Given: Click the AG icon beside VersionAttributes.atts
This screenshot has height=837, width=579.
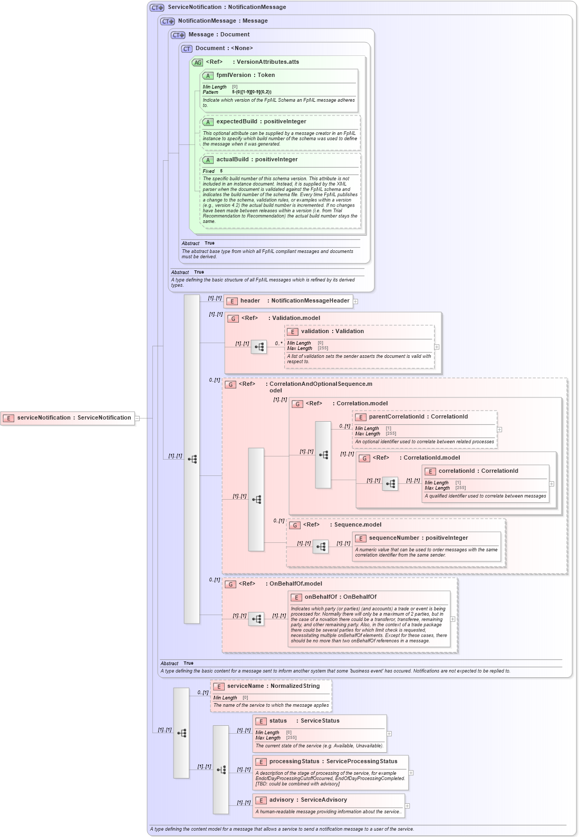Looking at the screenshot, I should click(x=197, y=62).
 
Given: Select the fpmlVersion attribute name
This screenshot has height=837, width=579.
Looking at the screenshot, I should click(x=234, y=75).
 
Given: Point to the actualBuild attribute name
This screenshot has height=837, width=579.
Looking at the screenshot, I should click(x=234, y=160).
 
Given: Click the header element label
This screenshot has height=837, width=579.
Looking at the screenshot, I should click(x=250, y=301).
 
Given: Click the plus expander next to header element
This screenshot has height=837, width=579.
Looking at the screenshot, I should click(x=355, y=301).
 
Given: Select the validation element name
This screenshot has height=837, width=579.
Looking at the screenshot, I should click(x=315, y=332).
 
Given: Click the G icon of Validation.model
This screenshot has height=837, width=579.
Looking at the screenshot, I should click(x=233, y=318).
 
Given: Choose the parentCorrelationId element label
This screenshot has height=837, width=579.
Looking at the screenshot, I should click(x=396, y=417).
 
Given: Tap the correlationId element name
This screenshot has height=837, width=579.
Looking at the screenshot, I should click(x=456, y=471).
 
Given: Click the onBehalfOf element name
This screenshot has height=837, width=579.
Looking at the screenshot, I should click(x=321, y=597).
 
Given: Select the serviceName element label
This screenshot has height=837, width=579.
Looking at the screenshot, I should click(x=245, y=686).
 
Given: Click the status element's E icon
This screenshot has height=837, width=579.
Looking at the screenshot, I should click(x=261, y=721).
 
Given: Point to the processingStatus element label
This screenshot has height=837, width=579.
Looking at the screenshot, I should click(x=294, y=762).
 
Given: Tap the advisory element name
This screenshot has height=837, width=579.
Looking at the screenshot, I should click(x=282, y=800).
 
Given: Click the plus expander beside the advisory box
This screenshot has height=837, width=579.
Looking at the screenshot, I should click(x=407, y=806).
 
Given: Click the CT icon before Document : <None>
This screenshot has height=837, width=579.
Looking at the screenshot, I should click(x=187, y=48).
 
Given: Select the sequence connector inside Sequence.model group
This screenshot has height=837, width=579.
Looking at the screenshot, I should click(x=320, y=547).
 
